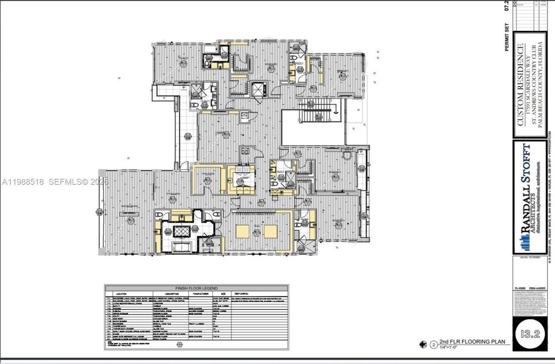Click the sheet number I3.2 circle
530,335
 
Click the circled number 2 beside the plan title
433,345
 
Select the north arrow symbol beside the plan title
423,345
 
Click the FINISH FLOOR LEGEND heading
196,288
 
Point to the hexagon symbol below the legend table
180,344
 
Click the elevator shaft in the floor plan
259,89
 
